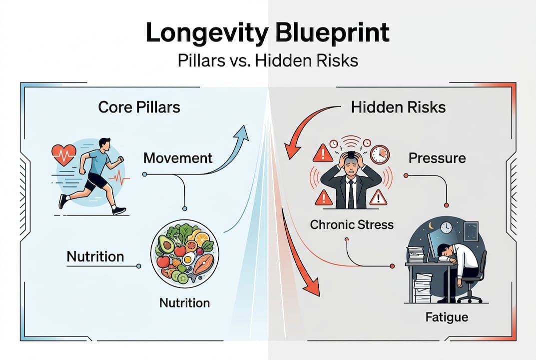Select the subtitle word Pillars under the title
[201, 61]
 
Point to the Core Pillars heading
[139, 107]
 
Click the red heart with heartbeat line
[63, 154]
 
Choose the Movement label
[178, 158]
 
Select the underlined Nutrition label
[95, 256]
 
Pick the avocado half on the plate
[167, 243]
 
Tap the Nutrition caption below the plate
[185, 303]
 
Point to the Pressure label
[437, 158]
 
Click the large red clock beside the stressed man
[380, 154]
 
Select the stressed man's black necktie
[351, 194]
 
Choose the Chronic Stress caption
[352, 225]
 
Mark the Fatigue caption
[447, 317]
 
